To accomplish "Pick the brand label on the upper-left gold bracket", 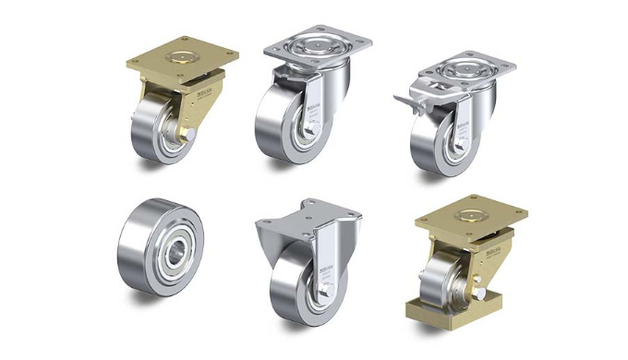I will [208, 92].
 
